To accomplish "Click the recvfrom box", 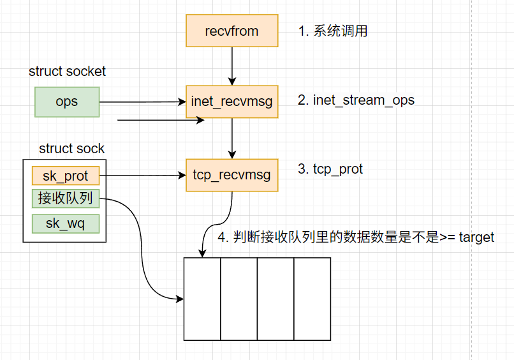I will [x=232, y=31].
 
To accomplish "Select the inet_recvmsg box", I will [x=232, y=101].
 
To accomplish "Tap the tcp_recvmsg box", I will [x=232, y=174].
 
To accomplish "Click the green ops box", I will [x=66, y=102].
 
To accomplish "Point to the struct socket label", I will [x=67, y=71].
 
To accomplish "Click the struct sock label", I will [x=71, y=149].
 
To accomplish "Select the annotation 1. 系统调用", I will [x=333, y=31].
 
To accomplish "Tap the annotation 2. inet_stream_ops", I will [x=356, y=100].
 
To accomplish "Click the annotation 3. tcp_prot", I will [x=330, y=169].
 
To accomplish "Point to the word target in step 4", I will [x=476, y=237].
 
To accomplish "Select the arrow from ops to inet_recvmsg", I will [x=143, y=102].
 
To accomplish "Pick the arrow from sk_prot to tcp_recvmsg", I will [x=143, y=175].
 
